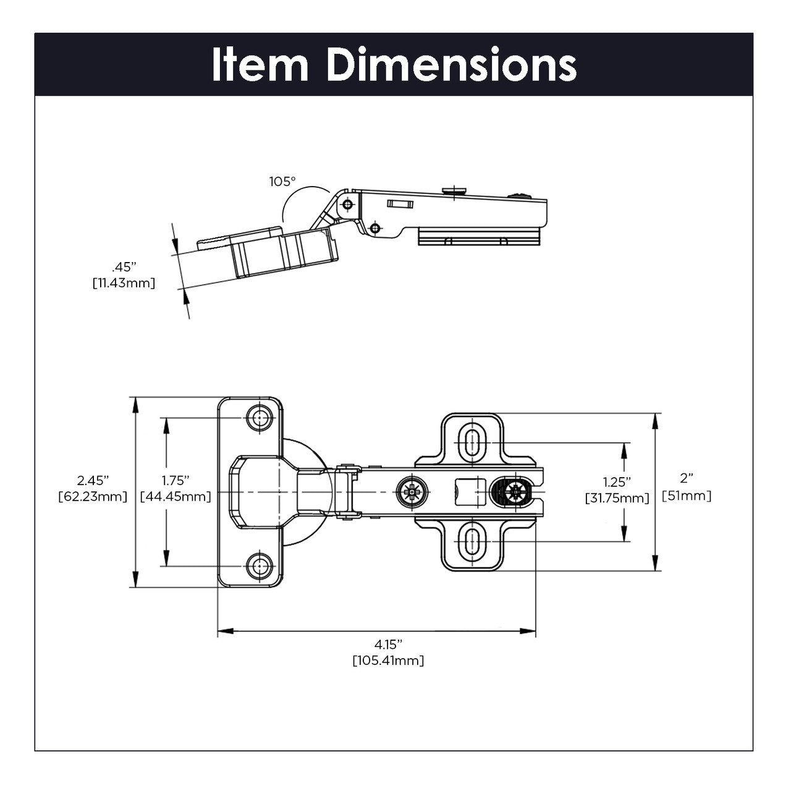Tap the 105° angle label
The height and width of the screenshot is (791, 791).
click(x=282, y=182)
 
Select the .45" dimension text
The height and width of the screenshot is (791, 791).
click(x=123, y=267)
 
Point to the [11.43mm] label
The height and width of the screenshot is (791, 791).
click(x=123, y=283)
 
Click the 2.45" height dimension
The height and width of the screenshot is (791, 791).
click(x=93, y=480)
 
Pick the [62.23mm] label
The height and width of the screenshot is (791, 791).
click(x=93, y=496)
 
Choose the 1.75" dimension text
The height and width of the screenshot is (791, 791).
click(x=176, y=480)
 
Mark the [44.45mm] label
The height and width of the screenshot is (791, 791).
click(x=176, y=496)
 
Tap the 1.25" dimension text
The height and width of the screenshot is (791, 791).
click(x=617, y=482)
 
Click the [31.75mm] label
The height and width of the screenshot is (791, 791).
click(x=617, y=498)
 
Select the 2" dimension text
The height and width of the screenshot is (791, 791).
click(x=687, y=479)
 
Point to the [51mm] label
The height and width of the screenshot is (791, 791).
click(x=687, y=496)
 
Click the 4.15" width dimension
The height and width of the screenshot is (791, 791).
click(x=388, y=644)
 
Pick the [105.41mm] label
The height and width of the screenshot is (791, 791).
click(x=388, y=661)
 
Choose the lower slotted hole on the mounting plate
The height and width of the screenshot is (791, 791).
click(x=473, y=541)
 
